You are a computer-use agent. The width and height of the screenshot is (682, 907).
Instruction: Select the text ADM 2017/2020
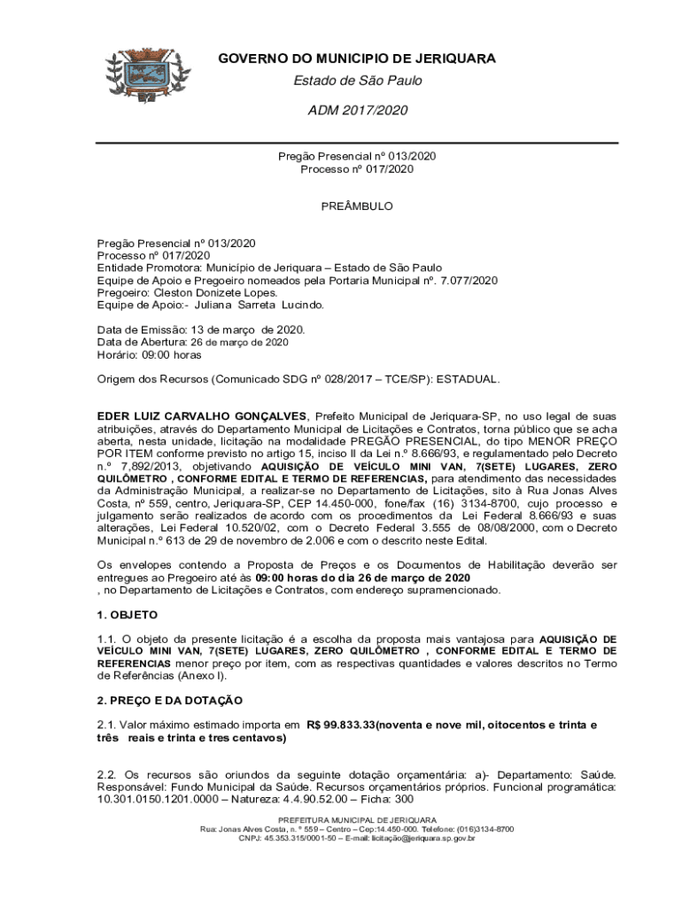358,111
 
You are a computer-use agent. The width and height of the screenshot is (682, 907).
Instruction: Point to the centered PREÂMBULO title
357,206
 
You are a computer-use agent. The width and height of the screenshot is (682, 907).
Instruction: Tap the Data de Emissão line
201,329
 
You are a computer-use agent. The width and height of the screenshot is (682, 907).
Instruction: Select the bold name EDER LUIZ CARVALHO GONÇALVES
202,415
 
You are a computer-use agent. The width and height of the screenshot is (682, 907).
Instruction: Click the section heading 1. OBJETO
128,614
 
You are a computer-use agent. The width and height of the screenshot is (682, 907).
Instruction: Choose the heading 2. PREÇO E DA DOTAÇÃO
169,700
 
